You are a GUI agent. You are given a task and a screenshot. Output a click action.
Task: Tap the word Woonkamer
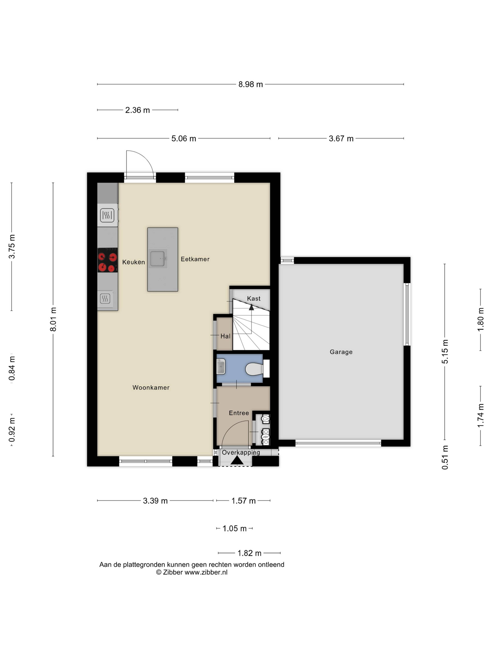[151, 388]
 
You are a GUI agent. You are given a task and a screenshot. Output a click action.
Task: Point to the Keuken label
[134, 262]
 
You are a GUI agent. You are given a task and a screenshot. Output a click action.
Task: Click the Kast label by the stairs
[254, 299]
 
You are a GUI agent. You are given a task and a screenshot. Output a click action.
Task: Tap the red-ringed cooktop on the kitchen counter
[107, 260]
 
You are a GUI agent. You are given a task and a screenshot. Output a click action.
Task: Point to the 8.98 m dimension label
[251, 85]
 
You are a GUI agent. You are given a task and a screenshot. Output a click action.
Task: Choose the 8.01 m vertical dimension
[53, 319]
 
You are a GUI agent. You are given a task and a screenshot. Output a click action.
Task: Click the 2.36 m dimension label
[137, 110]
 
